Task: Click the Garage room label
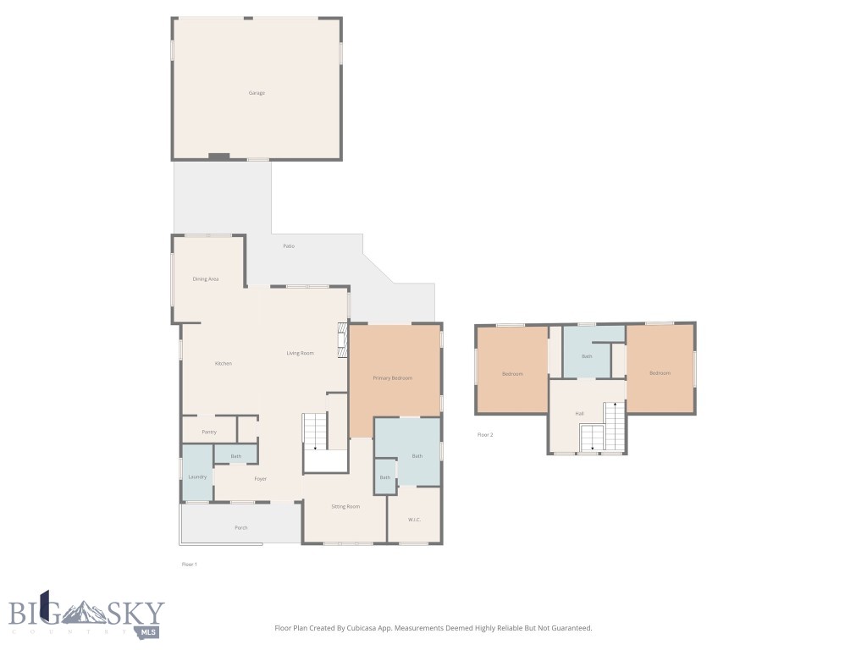257,93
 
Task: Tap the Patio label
289,246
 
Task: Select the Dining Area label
206,278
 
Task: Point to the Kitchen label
223,363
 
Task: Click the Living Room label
300,353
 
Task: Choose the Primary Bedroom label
393,377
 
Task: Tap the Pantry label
209,432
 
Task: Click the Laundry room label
197,476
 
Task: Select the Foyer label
261,479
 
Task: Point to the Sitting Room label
345,506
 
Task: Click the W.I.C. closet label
415,520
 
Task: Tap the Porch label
241,527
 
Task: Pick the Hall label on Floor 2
580,414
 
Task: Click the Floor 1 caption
189,564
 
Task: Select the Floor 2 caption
485,435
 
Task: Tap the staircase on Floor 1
316,432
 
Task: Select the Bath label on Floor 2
587,356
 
